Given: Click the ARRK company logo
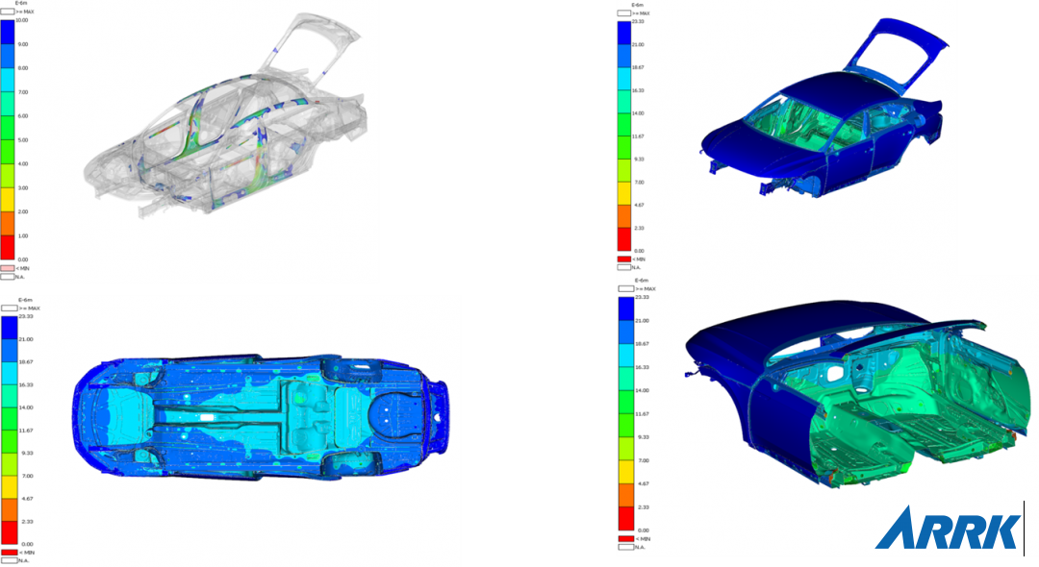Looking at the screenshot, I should (948, 530).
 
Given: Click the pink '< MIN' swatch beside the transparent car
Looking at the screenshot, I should (8, 268).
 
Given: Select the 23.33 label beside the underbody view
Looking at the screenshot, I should (26, 317).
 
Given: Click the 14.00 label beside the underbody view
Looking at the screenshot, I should (26, 407).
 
